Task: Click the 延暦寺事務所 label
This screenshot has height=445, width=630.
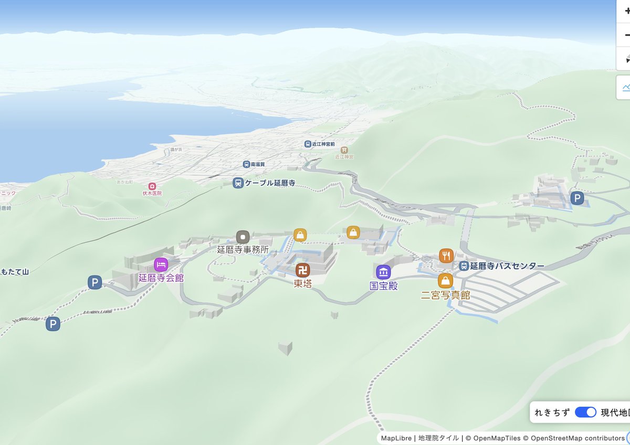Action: tap(243, 250)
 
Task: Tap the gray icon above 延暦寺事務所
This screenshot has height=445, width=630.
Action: tap(243, 237)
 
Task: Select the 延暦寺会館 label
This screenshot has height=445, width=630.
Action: tap(161, 278)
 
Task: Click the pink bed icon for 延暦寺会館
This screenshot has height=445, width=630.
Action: tap(161, 264)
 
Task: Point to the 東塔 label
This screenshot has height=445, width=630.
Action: tap(302, 284)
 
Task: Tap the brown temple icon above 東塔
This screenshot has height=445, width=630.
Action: tap(302, 270)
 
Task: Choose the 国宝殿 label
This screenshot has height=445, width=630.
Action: tap(383, 287)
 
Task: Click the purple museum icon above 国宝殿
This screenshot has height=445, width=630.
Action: tap(383, 272)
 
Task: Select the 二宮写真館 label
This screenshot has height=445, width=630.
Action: tap(445, 295)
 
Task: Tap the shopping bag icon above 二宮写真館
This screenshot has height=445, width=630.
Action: tap(445, 281)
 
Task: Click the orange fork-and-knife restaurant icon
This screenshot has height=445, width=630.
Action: tap(446, 256)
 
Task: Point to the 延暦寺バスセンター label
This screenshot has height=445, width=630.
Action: tap(507, 266)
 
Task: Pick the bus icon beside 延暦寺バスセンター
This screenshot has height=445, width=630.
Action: tap(464, 266)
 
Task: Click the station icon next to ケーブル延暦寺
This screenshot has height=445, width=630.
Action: tap(238, 183)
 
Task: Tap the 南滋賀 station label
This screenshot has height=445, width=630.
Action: tap(258, 164)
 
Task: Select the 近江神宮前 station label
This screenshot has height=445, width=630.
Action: tap(323, 144)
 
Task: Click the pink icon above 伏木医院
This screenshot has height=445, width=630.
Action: tap(152, 186)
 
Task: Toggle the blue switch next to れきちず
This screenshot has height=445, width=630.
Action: tap(585, 412)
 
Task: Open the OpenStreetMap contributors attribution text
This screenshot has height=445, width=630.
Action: tap(577, 438)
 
